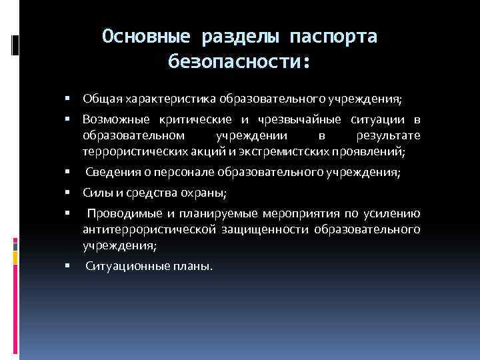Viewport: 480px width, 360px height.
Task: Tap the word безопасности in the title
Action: (235, 63)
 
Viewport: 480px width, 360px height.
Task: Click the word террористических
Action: (128, 151)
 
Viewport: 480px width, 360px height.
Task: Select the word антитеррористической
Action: (147, 230)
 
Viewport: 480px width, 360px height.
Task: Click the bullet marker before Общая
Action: (69, 99)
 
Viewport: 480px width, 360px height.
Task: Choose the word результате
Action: (389, 135)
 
